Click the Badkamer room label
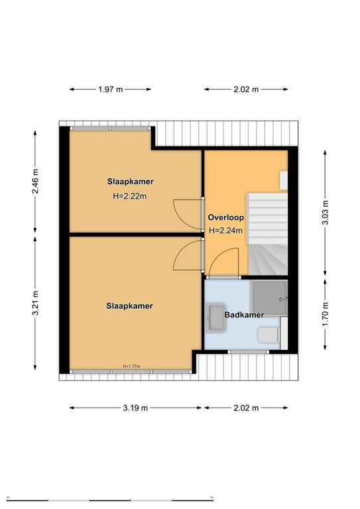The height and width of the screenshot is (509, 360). click(244, 315)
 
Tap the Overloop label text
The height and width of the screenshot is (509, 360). click(226, 217)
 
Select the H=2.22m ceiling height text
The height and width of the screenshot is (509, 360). click(129, 196)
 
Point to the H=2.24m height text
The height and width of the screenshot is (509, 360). click(225, 231)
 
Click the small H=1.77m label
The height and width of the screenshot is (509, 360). click(131, 366)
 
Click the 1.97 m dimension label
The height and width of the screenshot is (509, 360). click(111, 89)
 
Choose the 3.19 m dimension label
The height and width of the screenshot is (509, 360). click(135, 408)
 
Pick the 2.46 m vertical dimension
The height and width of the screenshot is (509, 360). click(35, 181)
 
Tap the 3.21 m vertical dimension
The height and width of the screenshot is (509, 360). click(35, 303)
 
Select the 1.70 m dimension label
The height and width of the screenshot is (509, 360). click(326, 315)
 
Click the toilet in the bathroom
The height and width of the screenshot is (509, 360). click(268, 335)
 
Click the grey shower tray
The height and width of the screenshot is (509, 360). click(270, 298)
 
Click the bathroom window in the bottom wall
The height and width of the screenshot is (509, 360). click(249, 351)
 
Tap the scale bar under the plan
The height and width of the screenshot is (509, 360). click(110, 499)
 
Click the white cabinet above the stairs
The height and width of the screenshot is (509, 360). click(284, 180)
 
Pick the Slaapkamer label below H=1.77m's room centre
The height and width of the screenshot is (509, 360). click(129, 306)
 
